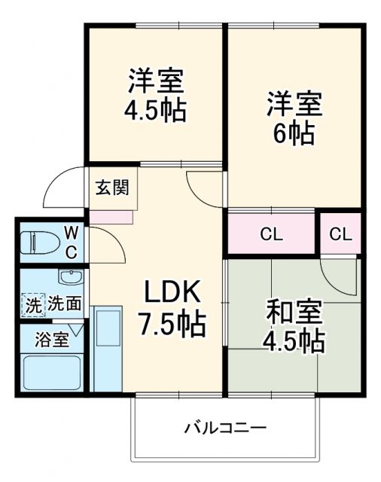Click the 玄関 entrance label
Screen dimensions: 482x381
coord(111,188)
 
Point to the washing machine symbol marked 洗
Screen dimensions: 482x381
coord(33,305)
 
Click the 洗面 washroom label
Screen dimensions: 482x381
coord(65,304)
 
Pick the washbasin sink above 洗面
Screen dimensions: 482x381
coord(70,277)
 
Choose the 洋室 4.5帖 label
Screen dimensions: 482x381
coord(156,96)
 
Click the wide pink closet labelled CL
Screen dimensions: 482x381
coord(271,234)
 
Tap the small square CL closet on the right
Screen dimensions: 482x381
coord(340,234)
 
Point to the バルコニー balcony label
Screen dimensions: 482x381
coord(226,429)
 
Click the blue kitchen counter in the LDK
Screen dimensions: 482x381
coord(105,346)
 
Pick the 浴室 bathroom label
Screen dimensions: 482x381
coord(52,339)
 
